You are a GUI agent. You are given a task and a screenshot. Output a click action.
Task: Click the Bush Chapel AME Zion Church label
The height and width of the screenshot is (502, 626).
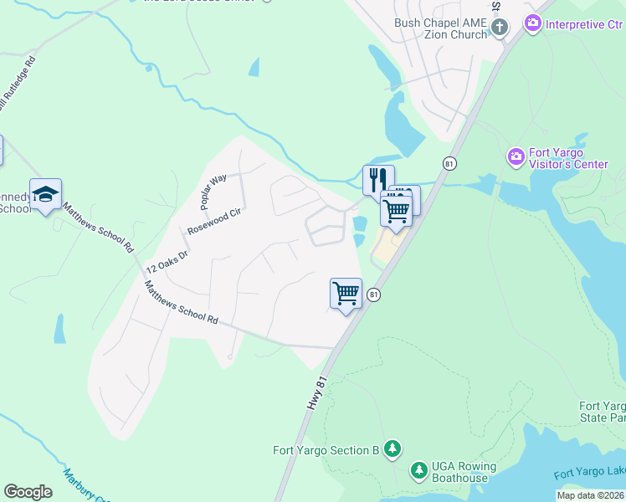440,28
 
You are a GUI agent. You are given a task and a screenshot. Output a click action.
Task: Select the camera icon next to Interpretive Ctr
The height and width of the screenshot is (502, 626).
532,24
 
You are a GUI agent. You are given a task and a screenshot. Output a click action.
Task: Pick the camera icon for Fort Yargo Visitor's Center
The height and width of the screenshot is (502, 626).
516,156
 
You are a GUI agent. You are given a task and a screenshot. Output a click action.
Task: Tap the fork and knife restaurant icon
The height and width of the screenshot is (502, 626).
377,179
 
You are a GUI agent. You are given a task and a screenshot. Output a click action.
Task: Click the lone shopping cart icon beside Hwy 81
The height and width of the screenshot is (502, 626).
346,293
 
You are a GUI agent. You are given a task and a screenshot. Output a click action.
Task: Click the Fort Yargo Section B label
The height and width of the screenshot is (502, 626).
326,449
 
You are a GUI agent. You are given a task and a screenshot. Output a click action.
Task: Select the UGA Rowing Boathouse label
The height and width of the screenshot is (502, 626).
464,472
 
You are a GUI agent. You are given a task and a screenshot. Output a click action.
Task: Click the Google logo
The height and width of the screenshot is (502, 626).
28,491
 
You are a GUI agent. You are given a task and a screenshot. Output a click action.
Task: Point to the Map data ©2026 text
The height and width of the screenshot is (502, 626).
589,495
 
